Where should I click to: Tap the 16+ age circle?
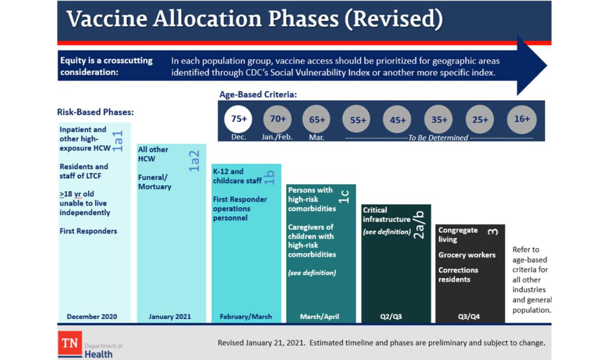tap(521, 119)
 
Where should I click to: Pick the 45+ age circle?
tap(398, 120)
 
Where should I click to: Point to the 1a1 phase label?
tap(118, 141)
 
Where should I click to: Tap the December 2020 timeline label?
tap(92, 316)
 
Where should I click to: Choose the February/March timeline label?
tap(246, 316)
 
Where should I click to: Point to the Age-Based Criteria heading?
tap(258, 95)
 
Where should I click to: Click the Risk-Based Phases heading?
tap(95, 112)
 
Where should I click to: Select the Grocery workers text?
tap(467, 255)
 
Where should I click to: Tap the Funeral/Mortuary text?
tap(155, 182)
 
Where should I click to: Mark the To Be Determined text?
tap(438, 138)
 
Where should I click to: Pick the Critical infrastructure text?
tap(386, 215)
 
